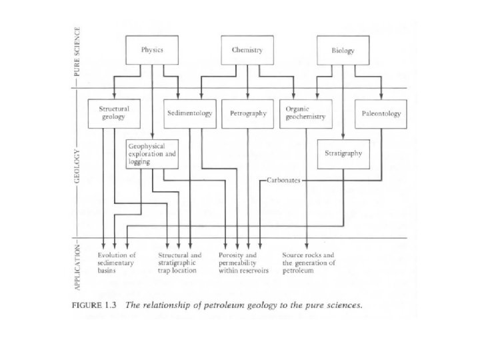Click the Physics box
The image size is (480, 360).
153,50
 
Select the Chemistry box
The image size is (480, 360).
247,50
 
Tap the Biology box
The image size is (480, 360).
343,50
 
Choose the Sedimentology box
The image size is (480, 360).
190,113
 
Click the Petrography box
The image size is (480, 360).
248,113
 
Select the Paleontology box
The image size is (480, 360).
381,113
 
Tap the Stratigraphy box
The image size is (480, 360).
343,153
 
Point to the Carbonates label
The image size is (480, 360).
285,180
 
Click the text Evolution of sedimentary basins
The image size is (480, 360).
117,263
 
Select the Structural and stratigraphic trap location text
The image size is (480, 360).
179,263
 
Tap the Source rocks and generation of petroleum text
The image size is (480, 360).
308,263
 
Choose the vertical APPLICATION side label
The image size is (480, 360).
77,266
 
